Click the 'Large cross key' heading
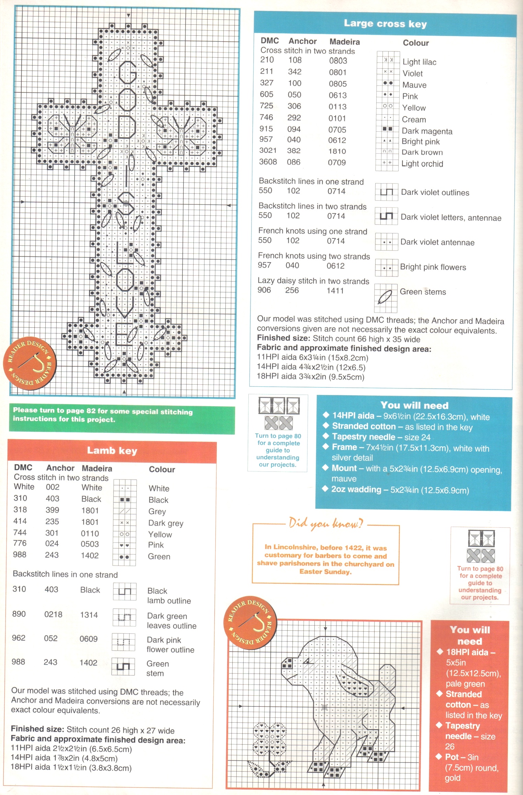385,24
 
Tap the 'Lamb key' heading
112,451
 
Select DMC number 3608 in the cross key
268,162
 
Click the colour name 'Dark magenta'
427,131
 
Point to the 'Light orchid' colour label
422,164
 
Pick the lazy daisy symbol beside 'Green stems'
385,297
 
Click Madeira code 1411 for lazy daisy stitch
335,291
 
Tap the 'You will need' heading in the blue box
414,405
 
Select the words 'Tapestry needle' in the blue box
364,437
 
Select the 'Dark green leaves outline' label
171,621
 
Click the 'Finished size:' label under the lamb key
37,728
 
